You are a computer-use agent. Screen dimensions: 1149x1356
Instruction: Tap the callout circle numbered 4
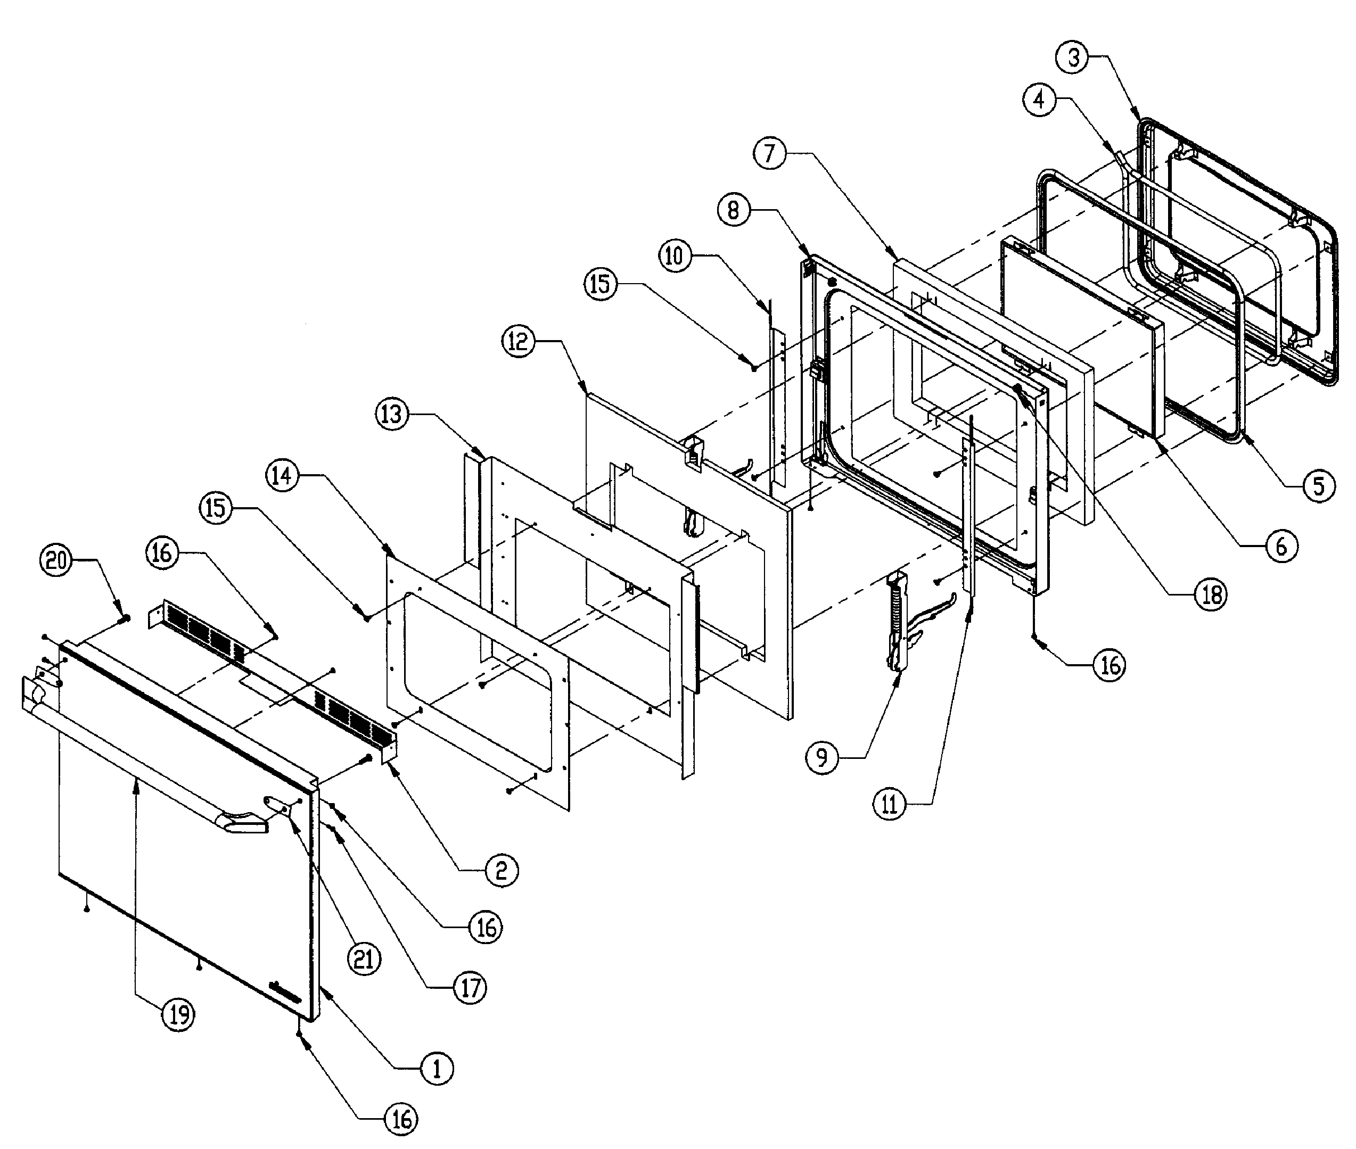click(x=1039, y=100)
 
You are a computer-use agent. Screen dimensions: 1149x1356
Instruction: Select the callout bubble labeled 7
click(x=770, y=154)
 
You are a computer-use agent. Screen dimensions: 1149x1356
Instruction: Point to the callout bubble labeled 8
click(x=734, y=211)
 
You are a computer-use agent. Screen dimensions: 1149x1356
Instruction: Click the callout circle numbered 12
click(x=519, y=341)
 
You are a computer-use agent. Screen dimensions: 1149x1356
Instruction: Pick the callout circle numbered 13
click(x=392, y=414)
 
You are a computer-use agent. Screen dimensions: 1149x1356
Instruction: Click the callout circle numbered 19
click(x=178, y=1014)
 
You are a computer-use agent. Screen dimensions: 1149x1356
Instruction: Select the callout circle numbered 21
click(x=364, y=959)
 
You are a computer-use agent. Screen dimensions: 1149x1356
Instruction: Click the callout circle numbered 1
click(x=437, y=1069)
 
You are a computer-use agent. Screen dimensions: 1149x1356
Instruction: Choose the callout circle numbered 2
click(x=501, y=871)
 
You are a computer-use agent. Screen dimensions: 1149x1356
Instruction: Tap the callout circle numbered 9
click(x=821, y=757)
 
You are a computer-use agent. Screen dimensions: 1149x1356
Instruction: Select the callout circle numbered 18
click(x=1211, y=594)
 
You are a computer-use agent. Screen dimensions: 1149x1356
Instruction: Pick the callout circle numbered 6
click(x=1281, y=546)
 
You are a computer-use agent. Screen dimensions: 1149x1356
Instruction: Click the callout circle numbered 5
click(x=1319, y=486)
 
